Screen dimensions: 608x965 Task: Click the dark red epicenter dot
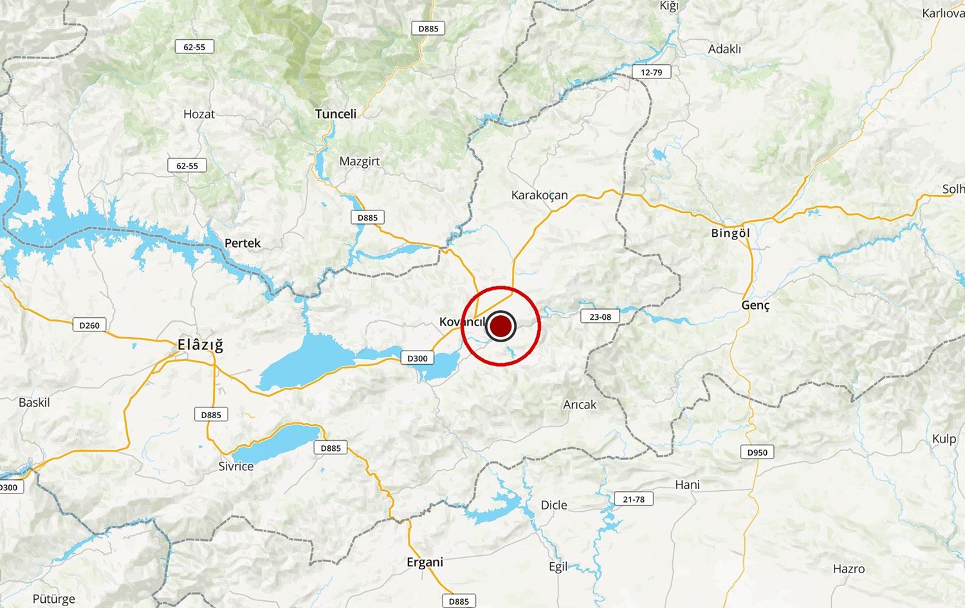(501, 326)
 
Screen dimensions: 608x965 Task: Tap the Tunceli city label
(335, 114)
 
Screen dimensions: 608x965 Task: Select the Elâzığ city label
(200, 345)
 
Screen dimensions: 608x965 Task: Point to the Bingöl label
(731, 233)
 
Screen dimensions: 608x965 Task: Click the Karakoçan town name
(539, 195)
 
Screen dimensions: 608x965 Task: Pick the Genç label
(755, 305)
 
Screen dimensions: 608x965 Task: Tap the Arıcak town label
(580, 405)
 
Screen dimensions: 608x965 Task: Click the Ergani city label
(425, 562)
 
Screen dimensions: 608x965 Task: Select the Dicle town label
(554, 505)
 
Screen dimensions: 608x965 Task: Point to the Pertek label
(243, 243)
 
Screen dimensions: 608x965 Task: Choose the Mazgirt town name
(359, 161)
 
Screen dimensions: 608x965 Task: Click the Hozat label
(199, 115)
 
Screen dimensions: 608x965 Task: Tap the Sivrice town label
(235, 466)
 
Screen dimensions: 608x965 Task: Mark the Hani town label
(687, 484)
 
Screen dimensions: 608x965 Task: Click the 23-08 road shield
(600, 316)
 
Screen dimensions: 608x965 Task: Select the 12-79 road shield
(651, 72)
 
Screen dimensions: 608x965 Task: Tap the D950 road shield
(757, 452)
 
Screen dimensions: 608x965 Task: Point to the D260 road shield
(89, 325)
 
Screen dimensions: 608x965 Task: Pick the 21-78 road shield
(634, 499)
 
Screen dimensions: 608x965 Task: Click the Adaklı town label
(724, 50)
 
